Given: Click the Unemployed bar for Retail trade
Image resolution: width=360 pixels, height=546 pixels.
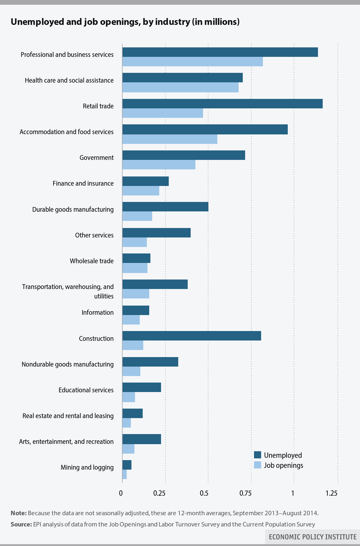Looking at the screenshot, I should (222, 104).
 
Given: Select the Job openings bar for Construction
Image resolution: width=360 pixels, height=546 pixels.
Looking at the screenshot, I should (133, 345).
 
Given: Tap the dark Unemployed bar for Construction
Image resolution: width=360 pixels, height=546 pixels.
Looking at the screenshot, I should (192, 336).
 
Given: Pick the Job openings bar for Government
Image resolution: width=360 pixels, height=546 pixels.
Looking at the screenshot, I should (159, 165).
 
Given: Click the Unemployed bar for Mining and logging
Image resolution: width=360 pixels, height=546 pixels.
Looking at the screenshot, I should (127, 465).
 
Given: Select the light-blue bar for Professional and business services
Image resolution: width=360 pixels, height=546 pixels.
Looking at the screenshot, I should (192, 62).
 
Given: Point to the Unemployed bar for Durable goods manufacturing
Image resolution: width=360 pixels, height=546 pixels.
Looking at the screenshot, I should (165, 207).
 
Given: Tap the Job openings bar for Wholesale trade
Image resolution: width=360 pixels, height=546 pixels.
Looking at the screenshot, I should (135, 268).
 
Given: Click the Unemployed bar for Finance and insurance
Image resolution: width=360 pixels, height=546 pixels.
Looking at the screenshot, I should (145, 181).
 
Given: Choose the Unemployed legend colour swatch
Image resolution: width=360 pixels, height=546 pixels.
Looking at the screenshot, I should (258, 455).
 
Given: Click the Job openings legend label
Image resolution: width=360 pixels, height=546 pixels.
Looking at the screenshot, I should (283, 465).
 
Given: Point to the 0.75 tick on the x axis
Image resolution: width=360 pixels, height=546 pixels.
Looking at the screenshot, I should (245, 493).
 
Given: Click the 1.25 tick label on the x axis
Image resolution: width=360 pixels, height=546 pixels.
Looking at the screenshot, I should (331, 493).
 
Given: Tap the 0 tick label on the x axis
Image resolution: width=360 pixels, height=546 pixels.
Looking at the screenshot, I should (121, 493).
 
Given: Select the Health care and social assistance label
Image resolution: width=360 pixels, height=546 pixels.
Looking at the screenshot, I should (69, 80).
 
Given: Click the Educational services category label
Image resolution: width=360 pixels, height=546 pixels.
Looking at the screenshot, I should (86, 390).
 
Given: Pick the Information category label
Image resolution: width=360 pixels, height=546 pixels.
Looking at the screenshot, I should (97, 312).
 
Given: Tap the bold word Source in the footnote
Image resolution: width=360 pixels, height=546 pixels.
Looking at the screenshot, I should (21, 524).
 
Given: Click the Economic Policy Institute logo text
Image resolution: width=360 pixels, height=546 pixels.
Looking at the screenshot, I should (313, 537).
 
